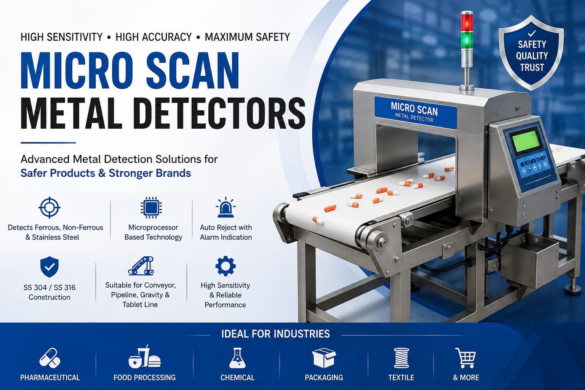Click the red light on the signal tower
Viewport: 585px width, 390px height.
(467, 22)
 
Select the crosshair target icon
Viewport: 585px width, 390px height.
(50, 208)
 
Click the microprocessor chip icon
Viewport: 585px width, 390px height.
(151, 208)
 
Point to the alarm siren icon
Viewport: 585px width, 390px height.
(225, 208)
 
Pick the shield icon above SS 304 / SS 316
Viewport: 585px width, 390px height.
(50, 267)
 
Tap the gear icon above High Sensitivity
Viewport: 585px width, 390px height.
(225, 266)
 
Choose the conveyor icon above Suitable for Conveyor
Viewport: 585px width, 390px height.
(141, 266)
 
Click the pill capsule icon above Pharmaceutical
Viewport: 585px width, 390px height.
(50, 358)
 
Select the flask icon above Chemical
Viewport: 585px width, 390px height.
(237, 358)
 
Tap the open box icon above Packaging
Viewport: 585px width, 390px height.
(324, 358)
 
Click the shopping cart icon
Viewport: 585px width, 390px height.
(465, 358)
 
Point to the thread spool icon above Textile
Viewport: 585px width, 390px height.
(401, 358)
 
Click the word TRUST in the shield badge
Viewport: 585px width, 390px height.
(532, 68)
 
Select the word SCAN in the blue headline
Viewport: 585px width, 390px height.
(192, 71)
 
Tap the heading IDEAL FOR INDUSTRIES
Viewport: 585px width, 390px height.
(275, 334)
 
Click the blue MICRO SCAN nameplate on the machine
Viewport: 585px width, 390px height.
(416, 113)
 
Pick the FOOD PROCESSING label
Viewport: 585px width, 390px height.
(144, 377)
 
